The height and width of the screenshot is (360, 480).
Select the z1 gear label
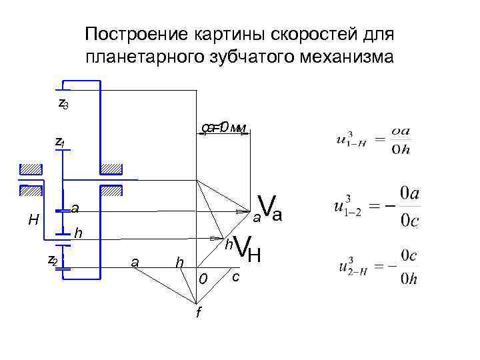(x=59, y=142)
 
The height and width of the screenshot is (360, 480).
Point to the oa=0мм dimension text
(x=225, y=127)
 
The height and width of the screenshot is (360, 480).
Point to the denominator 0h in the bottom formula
(x=411, y=279)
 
